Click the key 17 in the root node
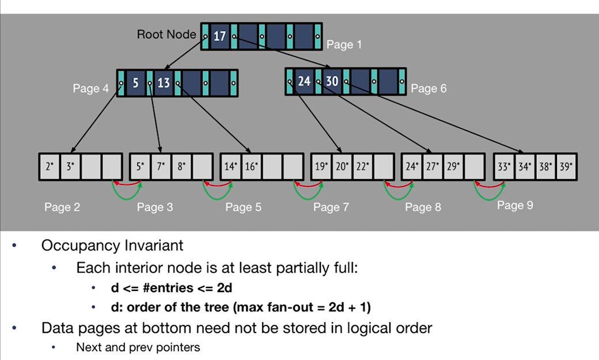[219, 37]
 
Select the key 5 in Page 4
[135, 83]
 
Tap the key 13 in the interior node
[164, 83]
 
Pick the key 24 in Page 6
[304, 81]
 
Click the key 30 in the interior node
[332, 81]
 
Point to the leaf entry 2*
[50, 167]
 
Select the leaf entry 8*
[181, 167]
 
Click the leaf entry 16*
[251, 167]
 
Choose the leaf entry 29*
[453, 167]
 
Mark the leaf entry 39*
[565, 167]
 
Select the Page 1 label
[344, 44]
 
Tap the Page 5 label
[243, 207]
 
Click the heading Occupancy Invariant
[112, 245]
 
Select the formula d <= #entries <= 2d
[171, 287]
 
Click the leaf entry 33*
[504, 167]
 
